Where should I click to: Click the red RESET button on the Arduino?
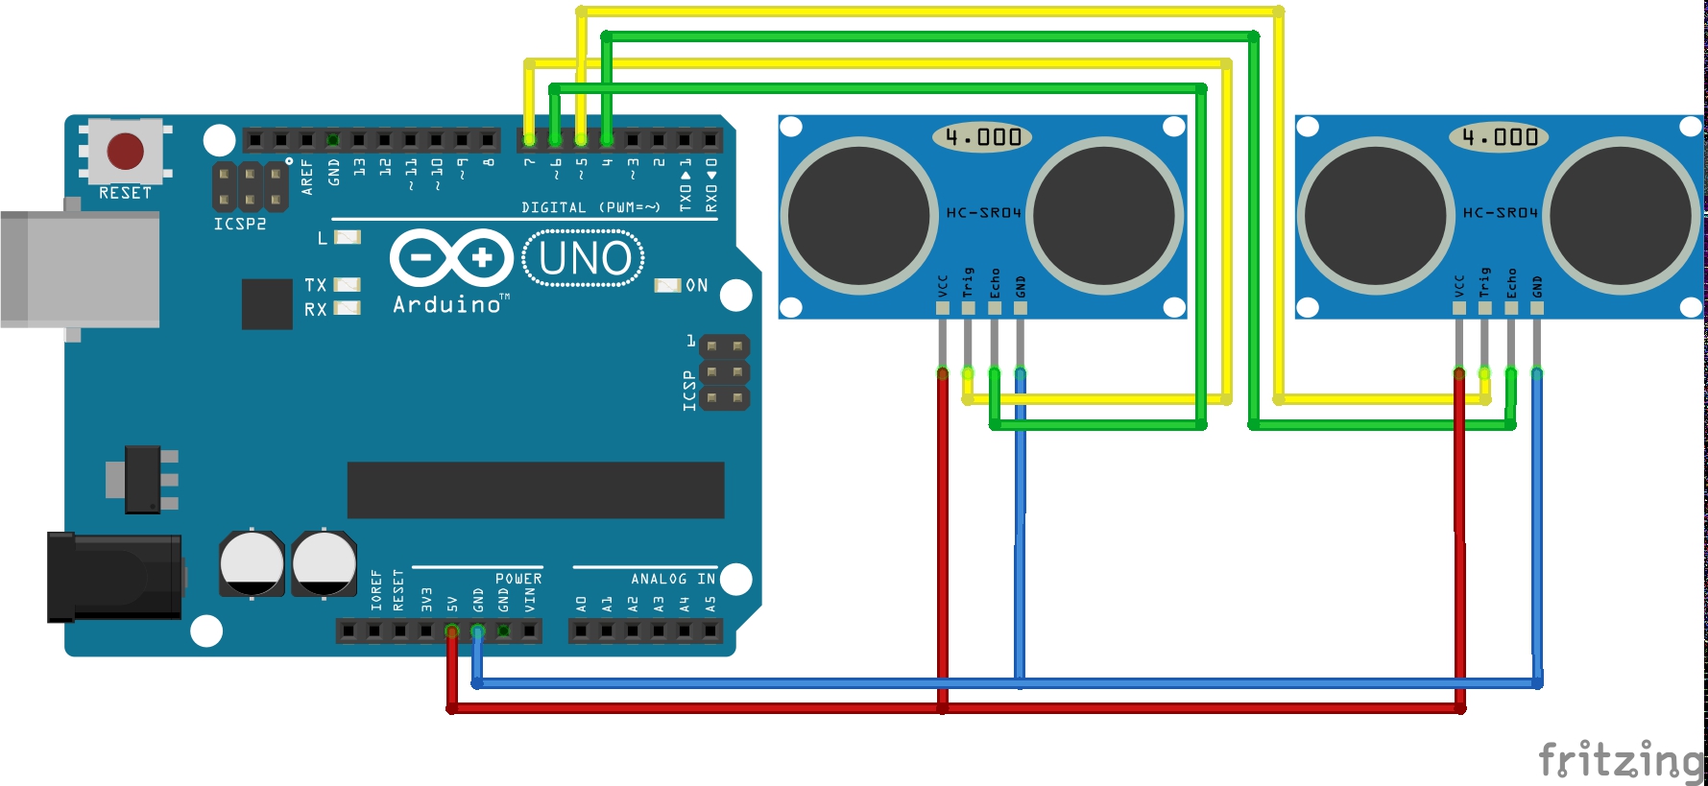(x=126, y=151)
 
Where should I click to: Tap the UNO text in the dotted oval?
(x=585, y=259)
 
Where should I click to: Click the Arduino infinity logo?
(x=451, y=257)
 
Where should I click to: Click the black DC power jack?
(x=115, y=577)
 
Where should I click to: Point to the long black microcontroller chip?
(x=536, y=489)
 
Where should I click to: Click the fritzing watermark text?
(x=1621, y=760)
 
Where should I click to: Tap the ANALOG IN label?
(x=672, y=579)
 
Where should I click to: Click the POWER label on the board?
(x=518, y=579)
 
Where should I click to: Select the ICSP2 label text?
(x=240, y=224)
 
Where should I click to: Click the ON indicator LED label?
(x=697, y=285)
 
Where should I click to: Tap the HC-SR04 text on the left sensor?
(x=983, y=212)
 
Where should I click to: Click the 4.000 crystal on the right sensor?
(x=1500, y=137)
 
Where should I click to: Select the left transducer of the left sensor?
(x=859, y=214)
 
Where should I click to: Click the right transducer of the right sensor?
(x=1622, y=214)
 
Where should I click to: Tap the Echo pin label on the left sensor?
(x=995, y=283)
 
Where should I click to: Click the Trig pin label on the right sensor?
(x=1485, y=281)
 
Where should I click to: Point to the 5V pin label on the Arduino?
(x=452, y=604)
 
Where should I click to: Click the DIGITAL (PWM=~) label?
(x=590, y=207)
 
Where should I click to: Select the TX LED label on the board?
(x=316, y=285)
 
